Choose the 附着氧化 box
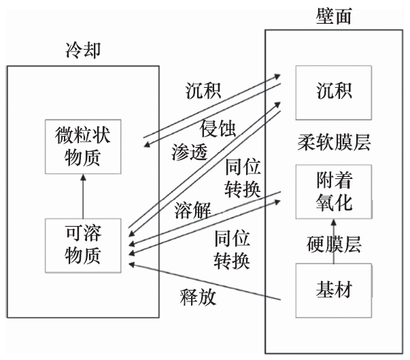coord(333,193)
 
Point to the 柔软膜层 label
coord(333,142)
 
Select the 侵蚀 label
coord(218,129)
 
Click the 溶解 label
coord(192,210)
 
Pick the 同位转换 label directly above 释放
coord(232,248)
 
